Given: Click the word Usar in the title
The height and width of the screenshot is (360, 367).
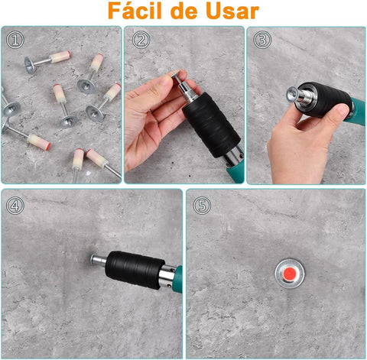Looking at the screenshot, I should pos(227,12).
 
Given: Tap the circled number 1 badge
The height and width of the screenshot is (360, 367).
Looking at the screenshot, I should pos(15,40).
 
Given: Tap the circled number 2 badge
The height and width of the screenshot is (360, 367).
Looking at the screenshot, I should pos(140,40).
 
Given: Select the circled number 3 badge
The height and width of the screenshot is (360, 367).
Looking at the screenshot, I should pos(262,40).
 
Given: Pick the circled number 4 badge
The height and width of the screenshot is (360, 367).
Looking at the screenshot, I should pos(15,205).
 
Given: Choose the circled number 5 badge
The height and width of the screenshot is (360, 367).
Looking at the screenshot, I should pos(202,205).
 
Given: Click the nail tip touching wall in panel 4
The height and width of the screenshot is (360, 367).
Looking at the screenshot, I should pos(93,258).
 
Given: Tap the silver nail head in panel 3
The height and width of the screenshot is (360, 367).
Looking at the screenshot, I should pos(294,94).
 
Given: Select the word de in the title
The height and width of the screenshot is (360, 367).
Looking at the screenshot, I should pos(182,12).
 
